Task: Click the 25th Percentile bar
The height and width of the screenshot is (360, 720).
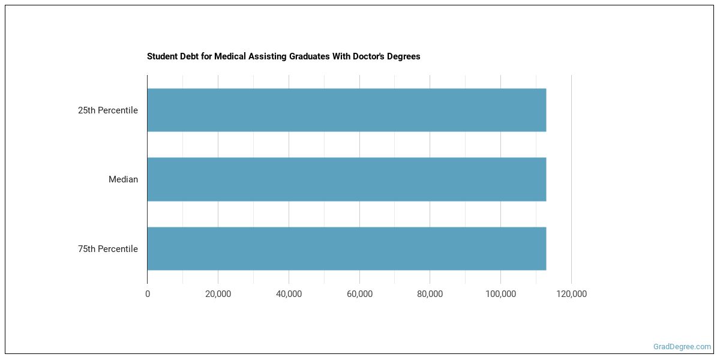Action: [346, 110]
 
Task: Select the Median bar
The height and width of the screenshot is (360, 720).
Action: [346, 179]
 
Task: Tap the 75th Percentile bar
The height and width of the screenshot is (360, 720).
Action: [346, 248]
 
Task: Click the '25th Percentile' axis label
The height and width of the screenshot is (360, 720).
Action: [107, 110]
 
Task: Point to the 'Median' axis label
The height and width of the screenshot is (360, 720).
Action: [123, 179]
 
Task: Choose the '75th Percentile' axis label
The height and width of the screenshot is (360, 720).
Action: [107, 249]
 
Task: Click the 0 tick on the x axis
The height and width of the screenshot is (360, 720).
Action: [148, 294]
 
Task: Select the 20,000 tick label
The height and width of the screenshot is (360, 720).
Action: [218, 294]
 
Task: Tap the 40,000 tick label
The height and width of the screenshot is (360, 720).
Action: [289, 294]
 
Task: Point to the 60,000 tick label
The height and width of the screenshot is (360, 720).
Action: [359, 294]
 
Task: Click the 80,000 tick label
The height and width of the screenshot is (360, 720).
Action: [430, 294]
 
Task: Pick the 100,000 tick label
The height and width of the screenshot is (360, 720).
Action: [500, 294]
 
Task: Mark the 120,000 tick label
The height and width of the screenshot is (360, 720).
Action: [571, 294]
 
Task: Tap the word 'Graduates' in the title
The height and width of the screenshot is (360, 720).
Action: [304, 56]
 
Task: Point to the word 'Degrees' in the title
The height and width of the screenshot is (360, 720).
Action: [404, 56]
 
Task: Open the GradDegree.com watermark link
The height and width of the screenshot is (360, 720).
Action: [682, 347]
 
